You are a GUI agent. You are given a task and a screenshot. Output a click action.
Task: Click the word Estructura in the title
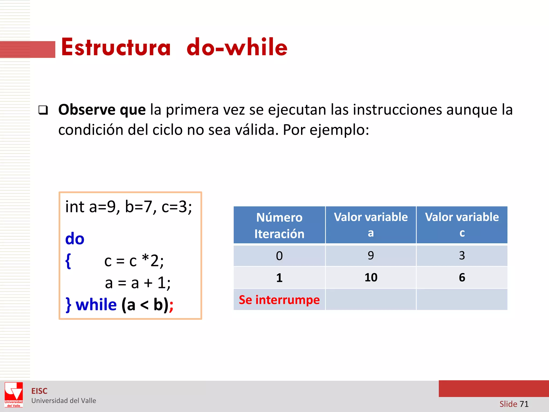(116, 48)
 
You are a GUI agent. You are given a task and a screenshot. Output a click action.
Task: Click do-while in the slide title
(237, 48)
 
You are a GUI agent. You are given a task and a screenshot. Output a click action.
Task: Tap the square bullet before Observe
(43, 110)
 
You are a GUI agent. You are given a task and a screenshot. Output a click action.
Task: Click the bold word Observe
(87, 110)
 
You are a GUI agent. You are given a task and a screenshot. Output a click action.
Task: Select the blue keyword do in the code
(75, 239)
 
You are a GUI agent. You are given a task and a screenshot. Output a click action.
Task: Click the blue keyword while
(96, 305)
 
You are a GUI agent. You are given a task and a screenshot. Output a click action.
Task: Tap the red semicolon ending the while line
(171, 306)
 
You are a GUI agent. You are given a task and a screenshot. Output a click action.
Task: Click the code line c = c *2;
(134, 261)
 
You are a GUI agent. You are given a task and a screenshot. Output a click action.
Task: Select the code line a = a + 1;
(138, 283)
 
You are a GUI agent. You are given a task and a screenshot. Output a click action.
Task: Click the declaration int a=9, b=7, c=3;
(129, 207)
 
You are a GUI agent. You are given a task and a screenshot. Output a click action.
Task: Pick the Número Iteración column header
(279, 225)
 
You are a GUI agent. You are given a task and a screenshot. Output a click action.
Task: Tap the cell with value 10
(371, 277)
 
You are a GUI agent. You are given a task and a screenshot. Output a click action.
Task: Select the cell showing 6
(462, 277)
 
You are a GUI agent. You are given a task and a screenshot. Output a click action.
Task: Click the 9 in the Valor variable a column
(371, 255)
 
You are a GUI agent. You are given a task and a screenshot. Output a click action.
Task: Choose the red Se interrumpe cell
(279, 300)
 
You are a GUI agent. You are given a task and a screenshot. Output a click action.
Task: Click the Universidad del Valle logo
(14, 395)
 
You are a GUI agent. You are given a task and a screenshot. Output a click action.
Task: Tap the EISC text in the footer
(39, 391)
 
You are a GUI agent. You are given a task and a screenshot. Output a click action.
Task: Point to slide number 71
(524, 404)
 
